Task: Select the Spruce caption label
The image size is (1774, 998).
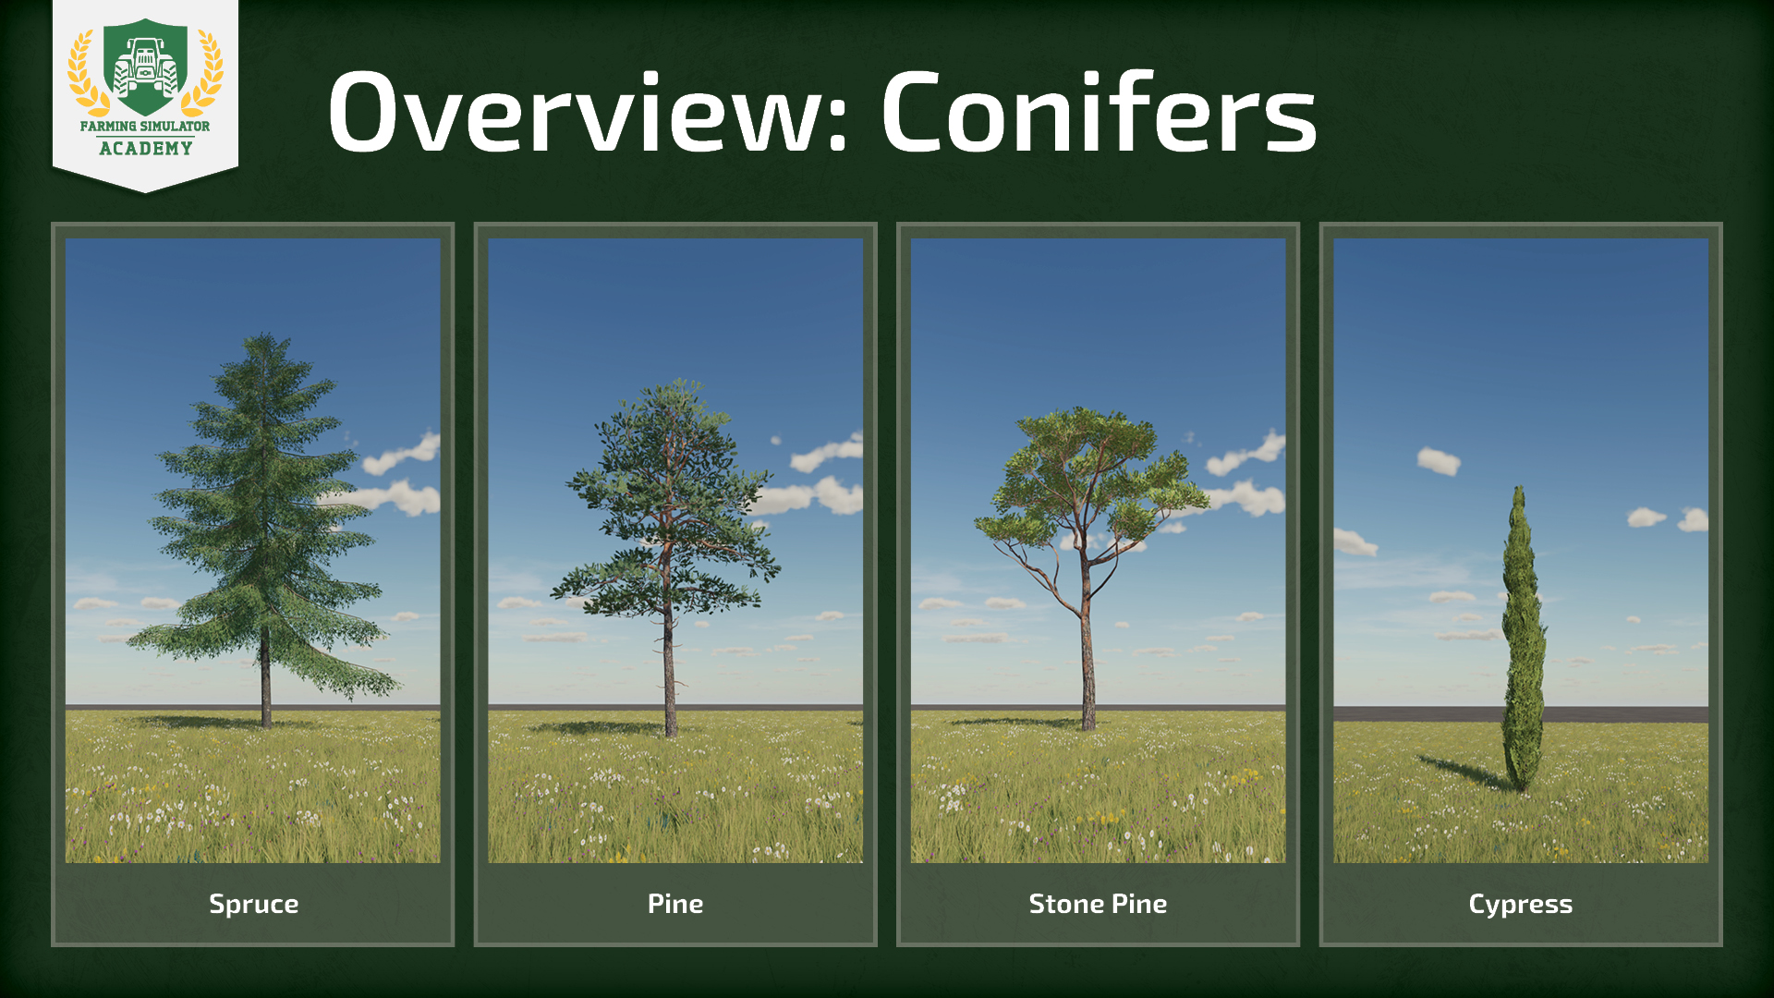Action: pos(254,904)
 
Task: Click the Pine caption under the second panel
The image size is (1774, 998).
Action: pos(675,903)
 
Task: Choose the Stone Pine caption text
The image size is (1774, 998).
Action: pos(1098,903)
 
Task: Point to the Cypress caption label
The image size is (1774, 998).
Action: pos(1521,904)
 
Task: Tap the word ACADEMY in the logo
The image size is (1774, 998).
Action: pos(146,148)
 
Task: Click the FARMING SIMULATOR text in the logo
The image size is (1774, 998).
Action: pos(145,126)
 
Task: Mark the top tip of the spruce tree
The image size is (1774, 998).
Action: pos(266,333)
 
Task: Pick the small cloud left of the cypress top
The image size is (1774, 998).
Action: pos(1439,460)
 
